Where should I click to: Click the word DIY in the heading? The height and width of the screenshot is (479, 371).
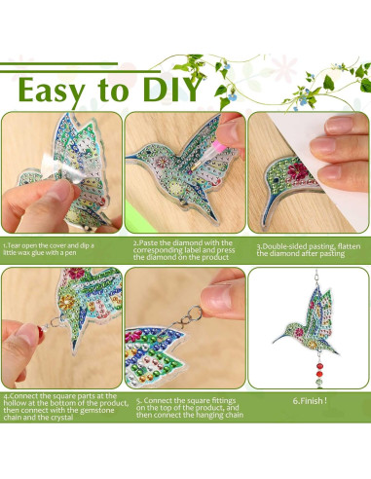[x=172, y=90]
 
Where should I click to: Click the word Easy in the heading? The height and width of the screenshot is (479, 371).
[x=52, y=92]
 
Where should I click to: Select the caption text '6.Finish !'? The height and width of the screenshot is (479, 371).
[x=310, y=401]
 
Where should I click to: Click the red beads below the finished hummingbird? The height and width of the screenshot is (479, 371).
[x=319, y=373]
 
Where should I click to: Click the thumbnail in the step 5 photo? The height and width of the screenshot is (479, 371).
[x=217, y=298]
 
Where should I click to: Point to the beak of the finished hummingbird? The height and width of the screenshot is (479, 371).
[x=280, y=339]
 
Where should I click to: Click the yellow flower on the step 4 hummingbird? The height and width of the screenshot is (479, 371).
[x=68, y=303]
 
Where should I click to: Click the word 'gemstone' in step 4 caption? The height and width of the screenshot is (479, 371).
[x=97, y=410]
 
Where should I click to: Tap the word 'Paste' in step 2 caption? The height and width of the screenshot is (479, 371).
[x=148, y=242]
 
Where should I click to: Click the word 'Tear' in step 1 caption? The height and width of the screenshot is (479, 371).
[x=14, y=245]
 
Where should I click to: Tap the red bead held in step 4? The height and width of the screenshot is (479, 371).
[x=40, y=330]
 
